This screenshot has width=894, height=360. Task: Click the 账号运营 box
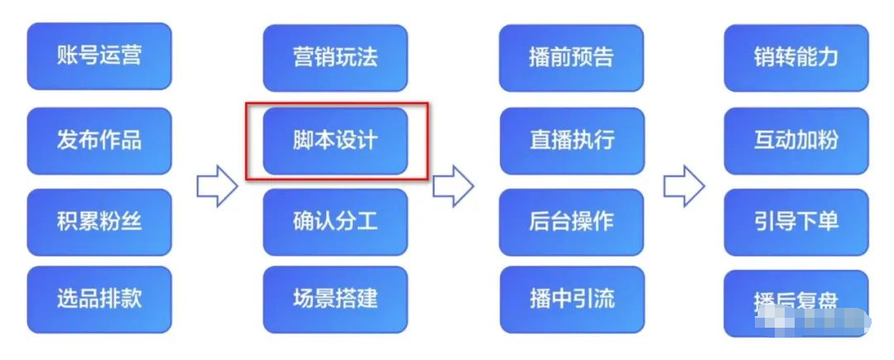pyautogui.click(x=99, y=56)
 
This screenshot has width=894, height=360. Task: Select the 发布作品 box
pyautogui.click(x=99, y=140)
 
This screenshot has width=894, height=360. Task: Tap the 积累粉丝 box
pyautogui.click(x=99, y=222)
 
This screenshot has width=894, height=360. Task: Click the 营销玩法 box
pyautogui.click(x=335, y=58)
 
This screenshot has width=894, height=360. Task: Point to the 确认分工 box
pyautogui.click(x=335, y=222)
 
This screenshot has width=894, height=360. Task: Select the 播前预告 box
pyautogui.click(x=572, y=58)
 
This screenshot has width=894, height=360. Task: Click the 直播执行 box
pyautogui.click(x=572, y=140)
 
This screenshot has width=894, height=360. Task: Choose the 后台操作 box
pyautogui.click(x=572, y=222)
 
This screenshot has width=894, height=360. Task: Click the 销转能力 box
pyautogui.click(x=796, y=58)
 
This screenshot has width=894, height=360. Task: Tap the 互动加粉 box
pyautogui.click(x=796, y=140)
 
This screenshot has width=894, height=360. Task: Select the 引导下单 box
pyautogui.click(x=796, y=222)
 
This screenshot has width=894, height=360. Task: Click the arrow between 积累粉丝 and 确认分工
pyautogui.click(x=216, y=187)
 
